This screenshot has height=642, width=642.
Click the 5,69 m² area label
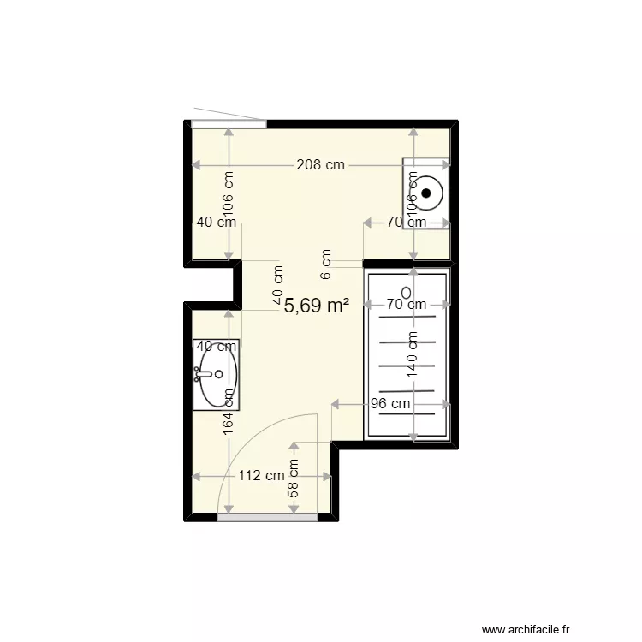317,306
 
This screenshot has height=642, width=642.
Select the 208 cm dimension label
321,165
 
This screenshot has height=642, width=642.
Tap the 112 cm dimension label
261,476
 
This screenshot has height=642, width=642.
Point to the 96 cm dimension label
390,404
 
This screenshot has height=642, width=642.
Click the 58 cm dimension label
293,479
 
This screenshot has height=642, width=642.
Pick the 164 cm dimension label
228,412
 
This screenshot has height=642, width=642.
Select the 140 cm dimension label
412,354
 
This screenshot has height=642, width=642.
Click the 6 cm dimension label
326,265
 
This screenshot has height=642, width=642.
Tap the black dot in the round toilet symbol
426,193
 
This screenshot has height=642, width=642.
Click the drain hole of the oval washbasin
218,374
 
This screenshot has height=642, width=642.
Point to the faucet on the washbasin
202,374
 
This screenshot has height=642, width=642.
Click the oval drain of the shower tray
407,293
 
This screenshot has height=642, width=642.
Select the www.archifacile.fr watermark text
526,629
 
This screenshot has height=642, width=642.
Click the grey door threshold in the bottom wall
267,518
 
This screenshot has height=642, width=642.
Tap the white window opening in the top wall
229,124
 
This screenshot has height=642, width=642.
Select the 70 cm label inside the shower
407,304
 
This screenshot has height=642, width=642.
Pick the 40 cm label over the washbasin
217,347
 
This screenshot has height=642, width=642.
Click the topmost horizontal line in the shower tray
407,317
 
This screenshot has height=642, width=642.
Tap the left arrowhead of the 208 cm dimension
196,165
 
